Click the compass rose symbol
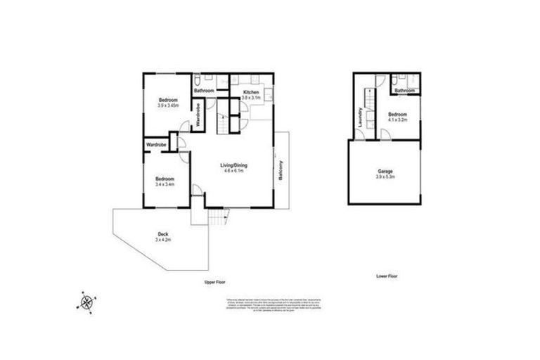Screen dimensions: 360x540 click(x=86, y=302)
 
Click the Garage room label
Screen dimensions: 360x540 click(x=385, y=171)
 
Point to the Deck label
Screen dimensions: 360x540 click(x=162, y=234)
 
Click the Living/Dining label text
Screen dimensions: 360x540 click(x=236, y=165)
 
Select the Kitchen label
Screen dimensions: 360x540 click(x=252, y=93)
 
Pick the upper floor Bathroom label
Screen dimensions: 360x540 click(x=204, y=91)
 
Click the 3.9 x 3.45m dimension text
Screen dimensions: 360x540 click(x=168, y=105)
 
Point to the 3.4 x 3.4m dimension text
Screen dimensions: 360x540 click(x=165, y=186)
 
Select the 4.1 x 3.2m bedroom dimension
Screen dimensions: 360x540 click(x=397, y=120)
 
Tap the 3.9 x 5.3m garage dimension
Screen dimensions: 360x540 click(x=385, y=177)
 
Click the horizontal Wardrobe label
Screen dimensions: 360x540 click(x=156, y=145)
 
